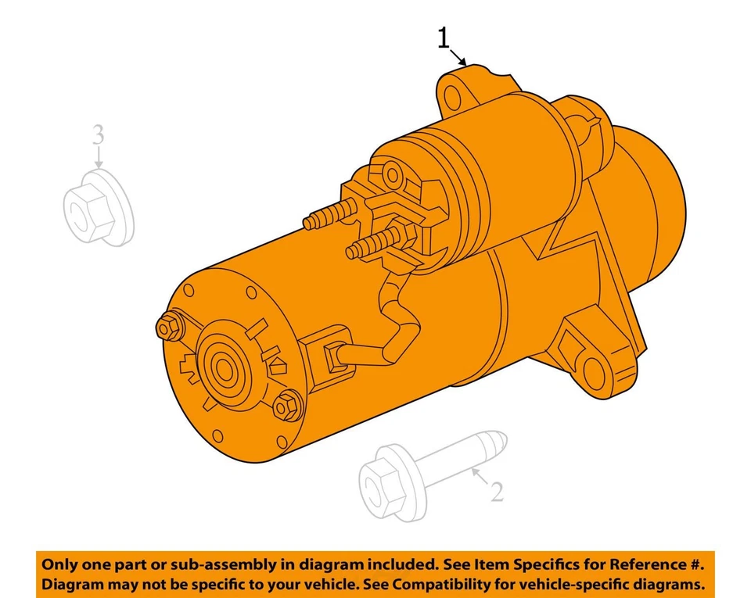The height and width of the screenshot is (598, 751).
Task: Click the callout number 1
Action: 444,37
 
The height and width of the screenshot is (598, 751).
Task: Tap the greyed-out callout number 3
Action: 97,134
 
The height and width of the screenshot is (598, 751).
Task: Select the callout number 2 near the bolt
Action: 496,492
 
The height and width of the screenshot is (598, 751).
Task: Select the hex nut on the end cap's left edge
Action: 167,328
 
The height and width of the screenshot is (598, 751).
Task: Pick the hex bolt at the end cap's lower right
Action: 287,405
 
